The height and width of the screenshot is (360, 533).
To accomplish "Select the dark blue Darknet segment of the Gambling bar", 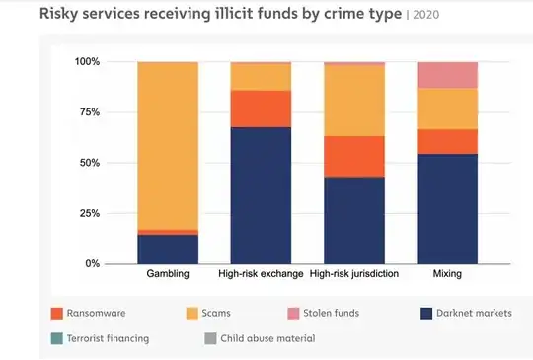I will pos(167,249).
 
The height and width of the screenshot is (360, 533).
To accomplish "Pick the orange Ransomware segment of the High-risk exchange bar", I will pos(261,108).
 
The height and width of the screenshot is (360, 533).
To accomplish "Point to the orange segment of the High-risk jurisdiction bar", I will pos(354,156).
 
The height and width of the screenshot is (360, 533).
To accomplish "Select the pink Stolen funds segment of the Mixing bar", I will pos(447,75).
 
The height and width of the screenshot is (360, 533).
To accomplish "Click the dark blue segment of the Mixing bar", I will pos(447,208).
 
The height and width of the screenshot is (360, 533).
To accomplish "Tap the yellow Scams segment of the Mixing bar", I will pos(447,108).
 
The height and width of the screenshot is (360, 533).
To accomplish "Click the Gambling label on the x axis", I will pos(167,273).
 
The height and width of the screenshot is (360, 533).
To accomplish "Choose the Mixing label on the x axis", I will pos(447,273).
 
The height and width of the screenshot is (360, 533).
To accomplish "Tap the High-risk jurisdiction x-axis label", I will pos(354,273).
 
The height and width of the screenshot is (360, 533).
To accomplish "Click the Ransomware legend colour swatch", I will pos(57,314).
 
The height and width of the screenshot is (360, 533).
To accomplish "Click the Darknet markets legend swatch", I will pos(427,314).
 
